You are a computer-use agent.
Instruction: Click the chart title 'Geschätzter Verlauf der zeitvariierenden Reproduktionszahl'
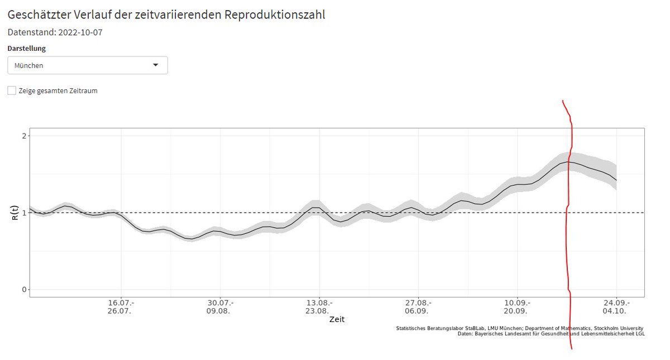pyautogui.click(x=166, y=15)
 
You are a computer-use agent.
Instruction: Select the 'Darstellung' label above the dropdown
pyautogui.click(x=27, y=49)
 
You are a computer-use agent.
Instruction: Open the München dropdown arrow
pyautogui.click(x=156, y=65)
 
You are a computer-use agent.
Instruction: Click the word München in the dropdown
pyautogui.click(x=29, y=65)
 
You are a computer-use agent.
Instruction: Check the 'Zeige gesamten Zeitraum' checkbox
pyautogui.click(x=12, y=90)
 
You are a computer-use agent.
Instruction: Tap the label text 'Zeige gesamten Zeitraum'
pyautogui.click(x=58, y=90)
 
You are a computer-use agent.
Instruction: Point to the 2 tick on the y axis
pyautogui.click(x=23, y=136)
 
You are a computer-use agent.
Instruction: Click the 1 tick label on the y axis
pyautogui.click(x=23, y=213)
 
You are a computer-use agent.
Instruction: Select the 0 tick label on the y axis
pyautogui.click(x=23, y=290)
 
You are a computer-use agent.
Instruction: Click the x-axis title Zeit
pyautogui.click(x=337, y=320)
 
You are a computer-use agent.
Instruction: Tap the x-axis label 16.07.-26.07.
pyautogui.click(x=121, y=307)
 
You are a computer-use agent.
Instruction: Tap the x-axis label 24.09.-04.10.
pyautogui.click(x=616, y=307)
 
